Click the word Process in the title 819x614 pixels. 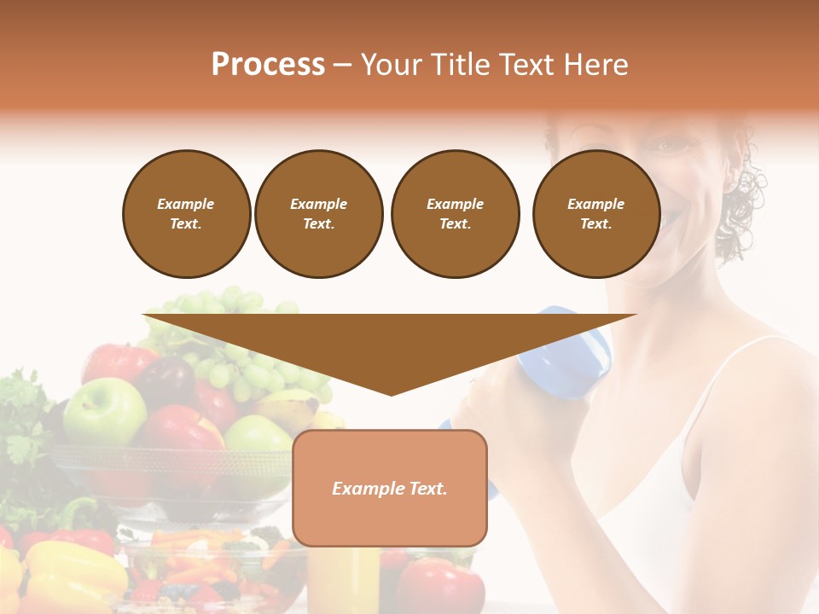point(268,64)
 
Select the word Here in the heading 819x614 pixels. point(596,64)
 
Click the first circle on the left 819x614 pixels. point(186,214)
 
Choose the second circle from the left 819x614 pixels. point(318,214)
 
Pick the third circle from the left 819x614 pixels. point(455,214)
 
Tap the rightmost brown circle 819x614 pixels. point(595,214)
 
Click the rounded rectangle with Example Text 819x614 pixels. point(390,488)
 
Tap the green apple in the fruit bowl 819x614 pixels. point(104,411)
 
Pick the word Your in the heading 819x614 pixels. point(390,64)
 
